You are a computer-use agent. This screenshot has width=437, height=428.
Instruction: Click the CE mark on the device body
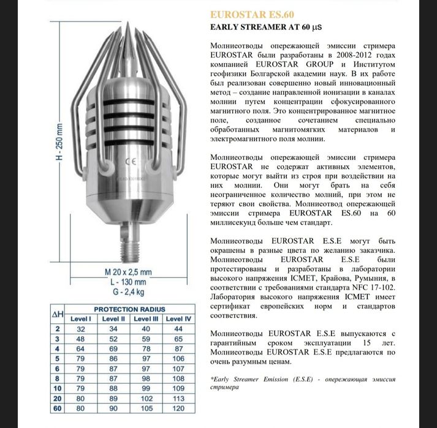pos(130,162)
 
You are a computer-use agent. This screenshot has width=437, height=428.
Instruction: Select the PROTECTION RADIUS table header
pos(129,309)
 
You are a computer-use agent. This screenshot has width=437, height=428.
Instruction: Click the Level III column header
pos(146,319)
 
